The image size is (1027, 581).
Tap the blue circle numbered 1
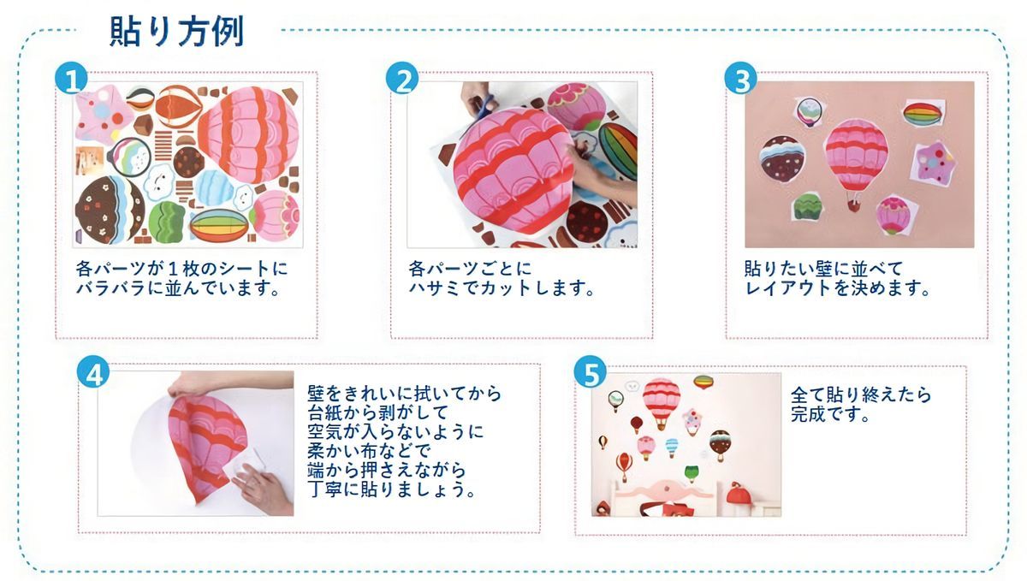pyautogui.click(x=71, y=78)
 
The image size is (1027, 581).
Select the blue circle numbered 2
pyautogui.click(x=402, y=78)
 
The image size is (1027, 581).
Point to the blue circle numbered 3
pyautogui.click(x=740, y=78)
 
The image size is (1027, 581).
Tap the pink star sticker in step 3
pyautogui.click(x=933, y=163)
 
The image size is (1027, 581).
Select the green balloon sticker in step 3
pyautogui.click(x=809, y=208)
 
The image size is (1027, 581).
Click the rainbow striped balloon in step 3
pyautogui.click(x=923, y=113)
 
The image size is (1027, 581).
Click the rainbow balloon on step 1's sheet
pyautogui.click(x=219, y=226)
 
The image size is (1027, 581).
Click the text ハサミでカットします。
pyautogui.click(x=502, y=288)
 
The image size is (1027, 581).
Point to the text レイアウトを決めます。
pyautogui.click(x=837, y=288)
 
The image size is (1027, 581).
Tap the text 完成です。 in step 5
pyautogui.click(x=830, y=415)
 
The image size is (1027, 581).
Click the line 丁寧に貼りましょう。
pyautogui.click(x=392, y=489)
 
